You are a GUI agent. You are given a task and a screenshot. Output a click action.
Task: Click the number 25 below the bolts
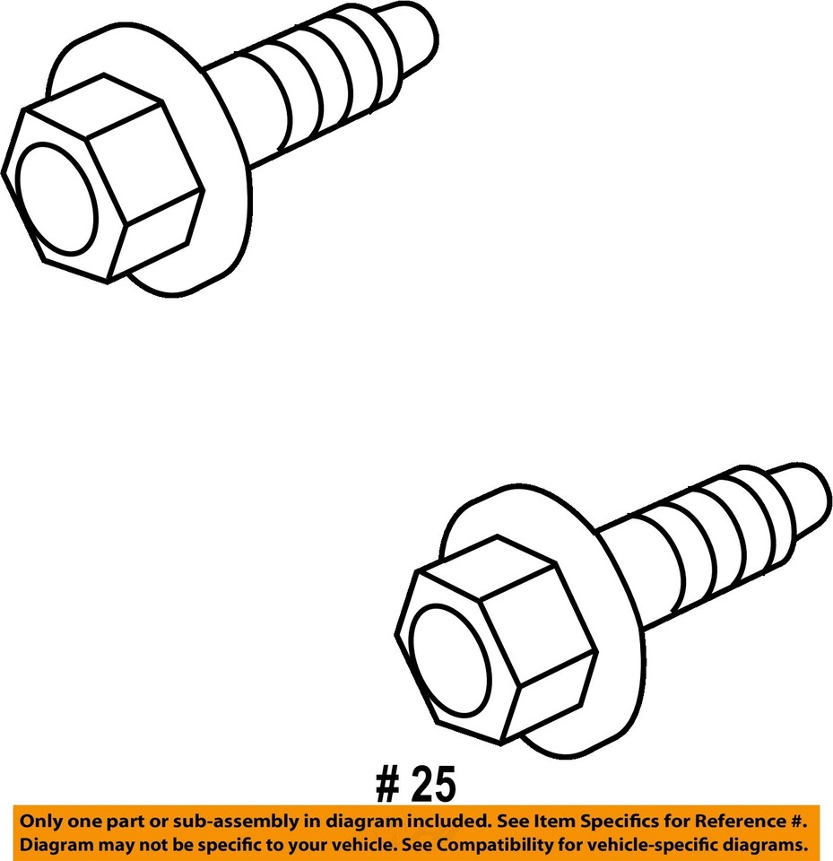coord(433,786)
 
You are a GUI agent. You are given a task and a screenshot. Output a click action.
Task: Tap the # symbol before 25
coord(386,786)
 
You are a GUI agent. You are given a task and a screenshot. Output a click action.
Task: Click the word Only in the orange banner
coord(39,821)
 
